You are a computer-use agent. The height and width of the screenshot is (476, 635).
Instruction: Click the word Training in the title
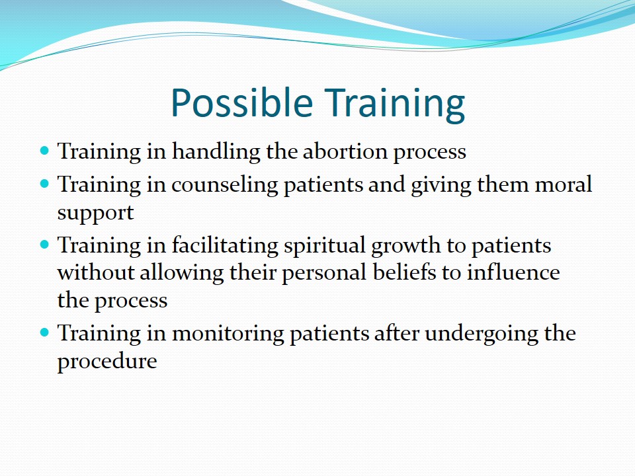click(x=395, y=104)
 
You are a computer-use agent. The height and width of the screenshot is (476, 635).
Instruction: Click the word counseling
click(x=225, y=186)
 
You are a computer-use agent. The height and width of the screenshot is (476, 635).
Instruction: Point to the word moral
click(x=564, y=184)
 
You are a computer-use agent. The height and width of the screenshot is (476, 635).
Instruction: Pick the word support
click(x=95, y=214)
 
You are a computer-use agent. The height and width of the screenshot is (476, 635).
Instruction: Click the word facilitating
click(x=225, y=246)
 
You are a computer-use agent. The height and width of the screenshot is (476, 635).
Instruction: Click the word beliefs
click(x=404, y=272)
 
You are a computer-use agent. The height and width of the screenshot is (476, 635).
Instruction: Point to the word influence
click(x=513, y=272)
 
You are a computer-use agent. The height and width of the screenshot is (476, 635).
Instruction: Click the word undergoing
click(x=482, y=335)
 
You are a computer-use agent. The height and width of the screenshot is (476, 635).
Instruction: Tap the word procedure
click(x=107, y=362)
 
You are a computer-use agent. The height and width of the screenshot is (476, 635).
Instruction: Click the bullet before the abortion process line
click(x=44, y=151)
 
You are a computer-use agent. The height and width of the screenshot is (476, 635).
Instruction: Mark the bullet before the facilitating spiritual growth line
click(x=44, y=245)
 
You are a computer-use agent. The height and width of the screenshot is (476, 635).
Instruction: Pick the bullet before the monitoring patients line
click(x=44, y=333)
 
